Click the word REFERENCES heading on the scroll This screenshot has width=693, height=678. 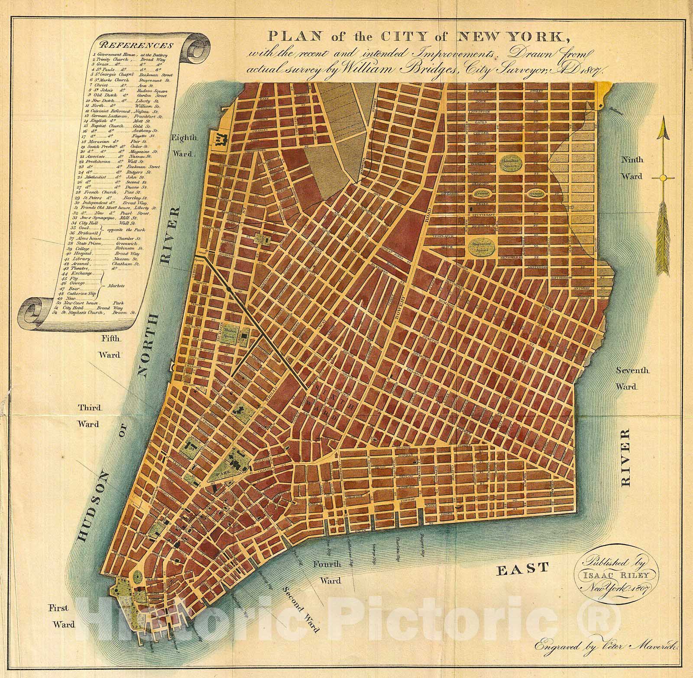coord(135,45)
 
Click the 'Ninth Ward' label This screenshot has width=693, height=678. coord(633,168)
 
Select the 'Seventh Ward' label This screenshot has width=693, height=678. coord(633,378)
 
